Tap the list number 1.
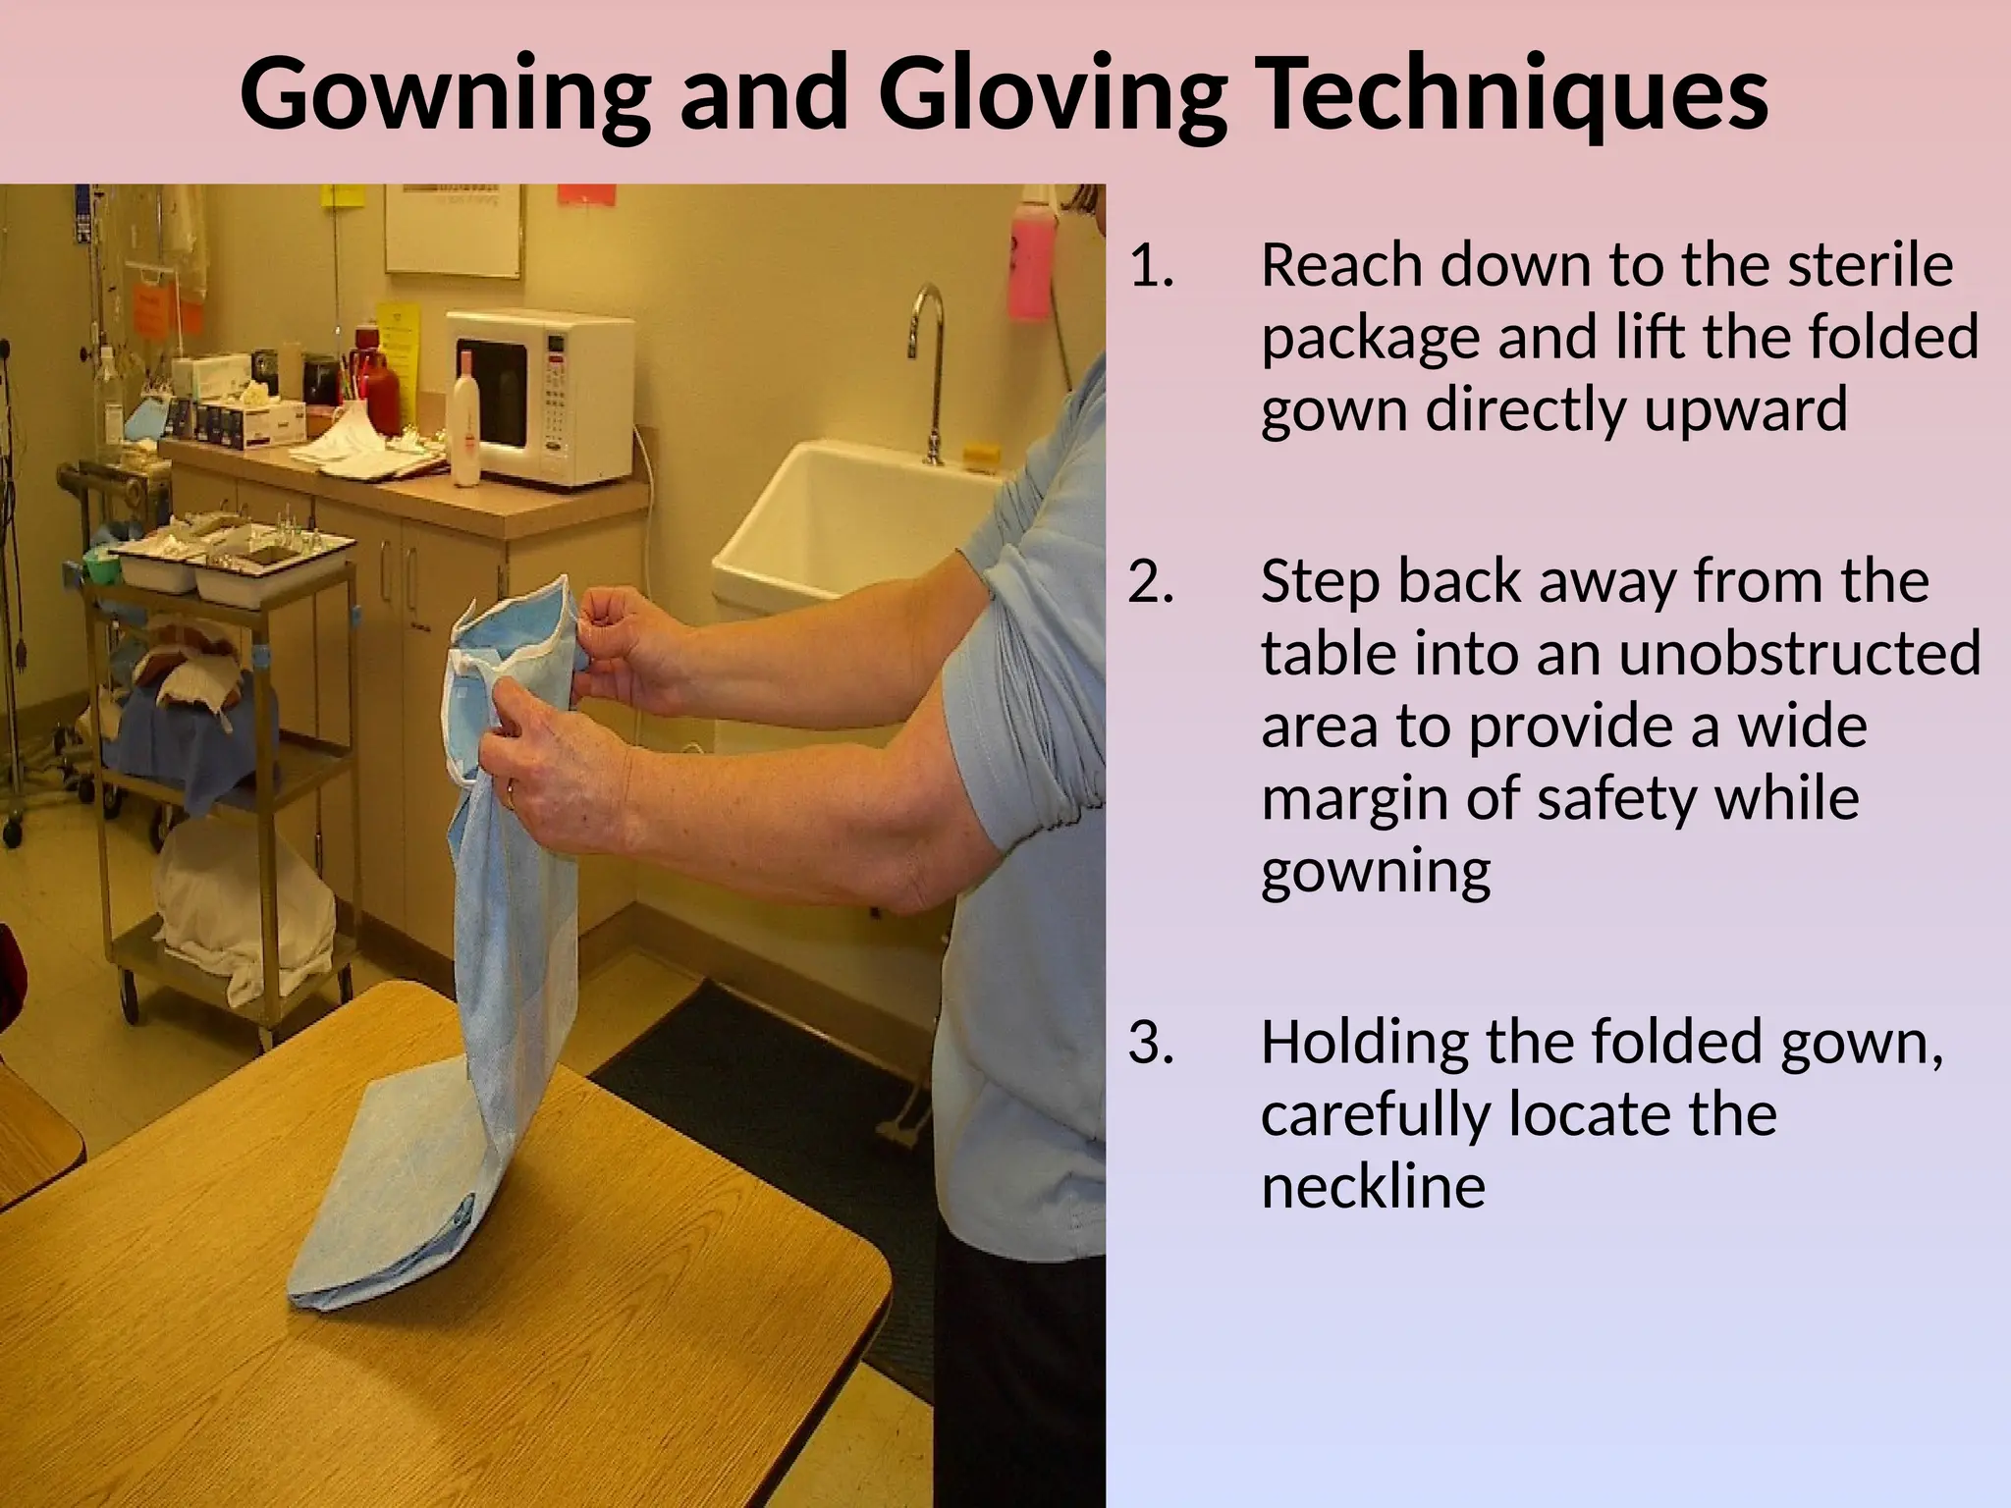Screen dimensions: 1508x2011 1151,266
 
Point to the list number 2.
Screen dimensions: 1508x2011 1151,582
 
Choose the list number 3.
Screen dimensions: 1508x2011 1151,1043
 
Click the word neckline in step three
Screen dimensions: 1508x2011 1373,1186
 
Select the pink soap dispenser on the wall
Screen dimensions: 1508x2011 1030,261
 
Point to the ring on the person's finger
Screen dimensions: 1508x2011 510,794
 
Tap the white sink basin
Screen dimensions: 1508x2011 844,530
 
